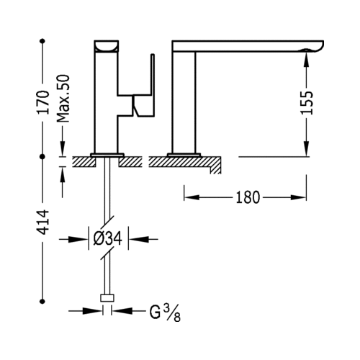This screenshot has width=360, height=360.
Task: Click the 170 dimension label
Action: point(43,102)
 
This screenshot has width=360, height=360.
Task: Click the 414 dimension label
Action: point(43,222)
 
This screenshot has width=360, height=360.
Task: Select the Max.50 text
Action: point(63,99)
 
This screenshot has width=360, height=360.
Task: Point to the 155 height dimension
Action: point(307,102)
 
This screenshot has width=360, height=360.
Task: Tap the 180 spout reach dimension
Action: point(248,197)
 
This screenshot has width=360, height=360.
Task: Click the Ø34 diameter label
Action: point(108,239)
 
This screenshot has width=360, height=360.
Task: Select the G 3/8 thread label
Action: point(165,313)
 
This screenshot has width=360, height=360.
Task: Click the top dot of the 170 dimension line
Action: point(42,41)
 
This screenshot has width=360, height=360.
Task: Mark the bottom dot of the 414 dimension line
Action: point(42,301)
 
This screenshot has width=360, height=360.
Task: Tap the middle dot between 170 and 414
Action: point(42,157)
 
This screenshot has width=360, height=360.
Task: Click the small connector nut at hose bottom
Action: point(107,298)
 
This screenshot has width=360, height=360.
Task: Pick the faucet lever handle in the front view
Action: point(143,96)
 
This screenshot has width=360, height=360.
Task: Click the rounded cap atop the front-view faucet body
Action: point(107,46)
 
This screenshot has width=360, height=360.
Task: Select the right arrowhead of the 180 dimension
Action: point(298,197)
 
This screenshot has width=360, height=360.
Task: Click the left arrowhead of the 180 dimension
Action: point(192,197)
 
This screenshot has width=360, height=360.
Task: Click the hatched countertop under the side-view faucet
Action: point(185,162)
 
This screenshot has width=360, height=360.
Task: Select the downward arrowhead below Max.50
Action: point(63,149)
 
